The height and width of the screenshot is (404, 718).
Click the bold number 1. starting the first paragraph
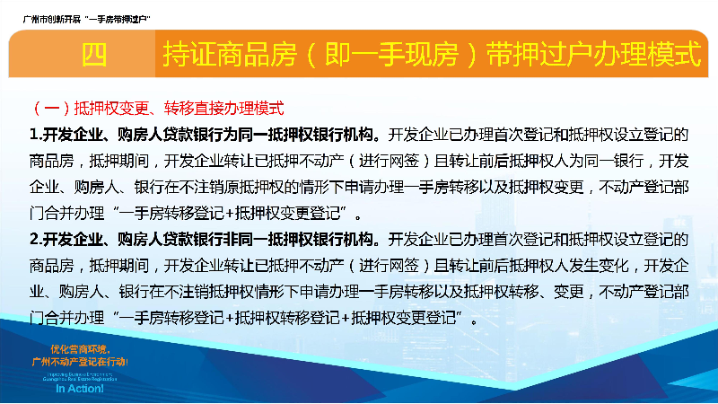point(35,136)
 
